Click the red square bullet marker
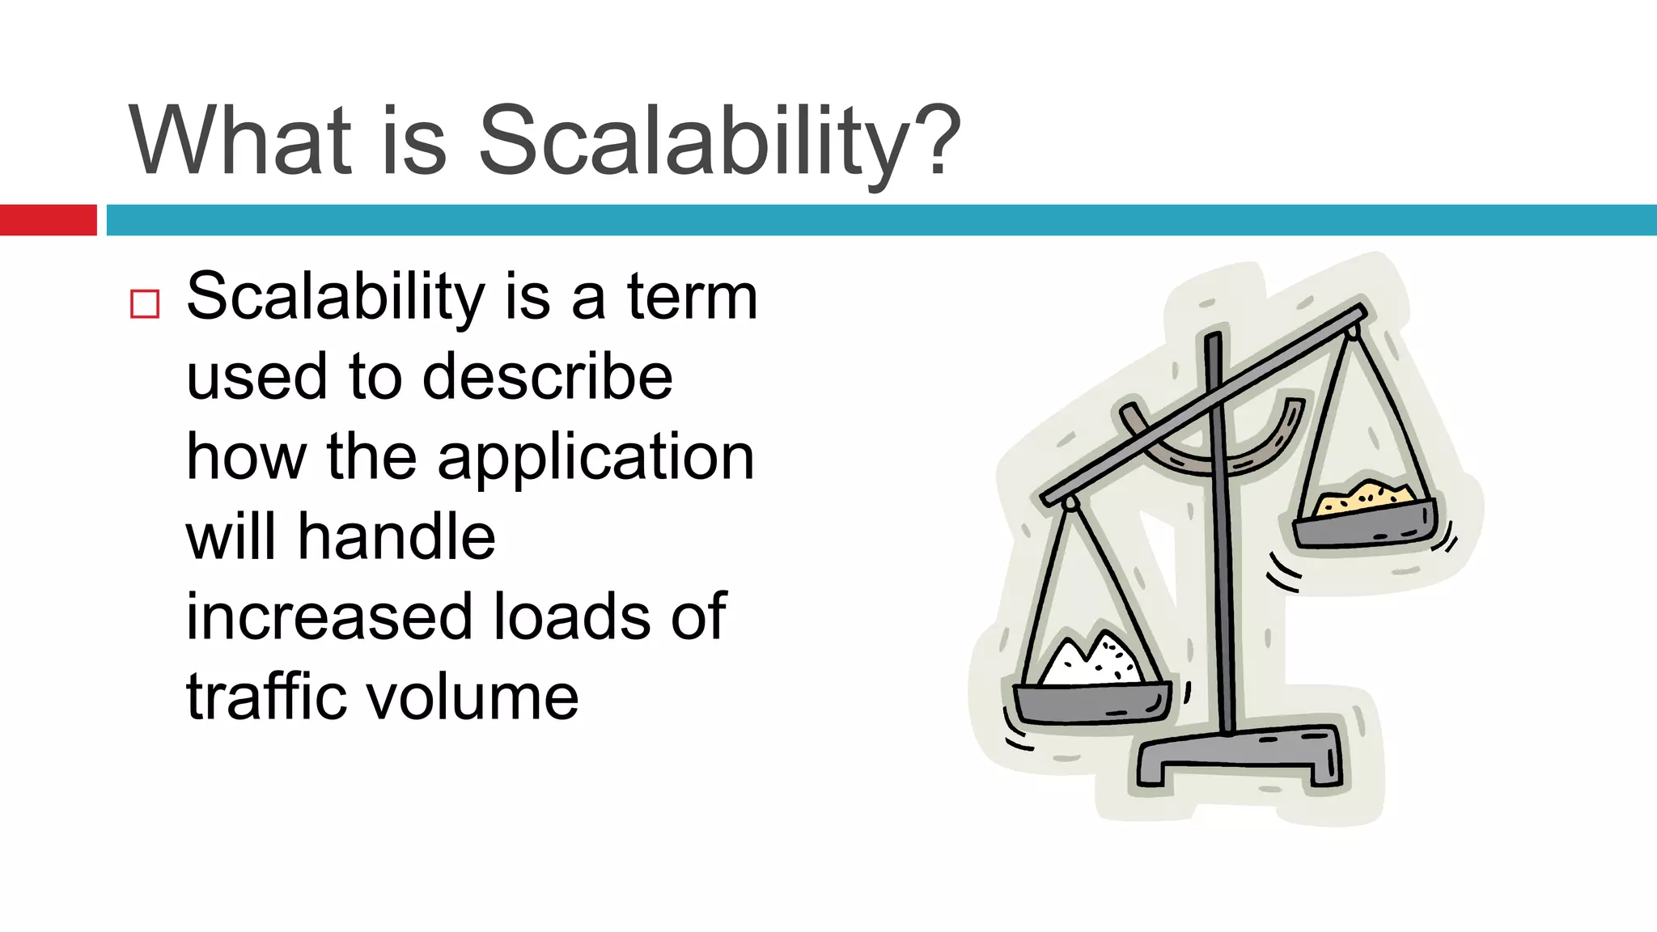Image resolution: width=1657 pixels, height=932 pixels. pyautogui.click(x=145, y=304)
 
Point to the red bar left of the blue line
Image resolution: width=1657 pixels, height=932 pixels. pyautogui.click(x=48, y=220)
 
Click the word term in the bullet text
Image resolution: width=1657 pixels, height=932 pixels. pyautogui.click(x=692, y=297)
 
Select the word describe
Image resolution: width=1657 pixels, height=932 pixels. pyautogui.click(x=547, y=377)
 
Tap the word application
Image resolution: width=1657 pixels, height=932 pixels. pyautogui.click(x=595, y=458)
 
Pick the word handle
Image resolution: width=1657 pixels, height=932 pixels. pyautogui.click(x=396, y=536)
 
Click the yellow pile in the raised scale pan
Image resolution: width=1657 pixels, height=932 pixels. pyautogui.click(x=1366, y=497)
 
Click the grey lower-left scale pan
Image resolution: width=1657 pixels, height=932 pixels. pyautogui.click(x=1092, y=703)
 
